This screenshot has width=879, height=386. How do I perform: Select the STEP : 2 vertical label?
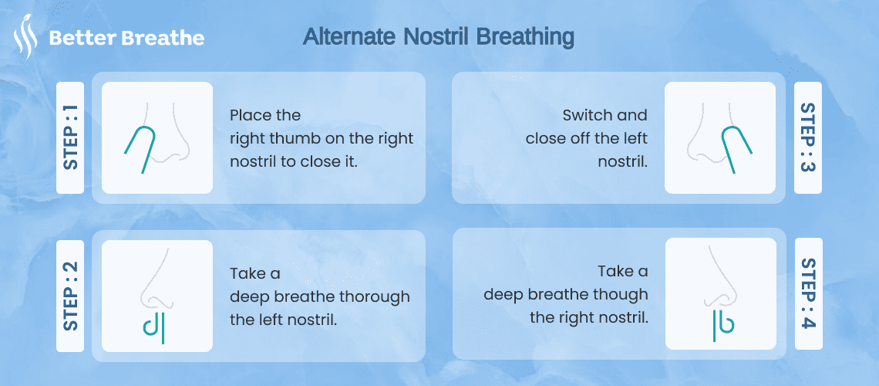[x=70, y=296]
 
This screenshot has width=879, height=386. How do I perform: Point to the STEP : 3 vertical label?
[x=808, y=138]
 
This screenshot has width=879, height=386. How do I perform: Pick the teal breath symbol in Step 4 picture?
[x=721, y=325]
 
